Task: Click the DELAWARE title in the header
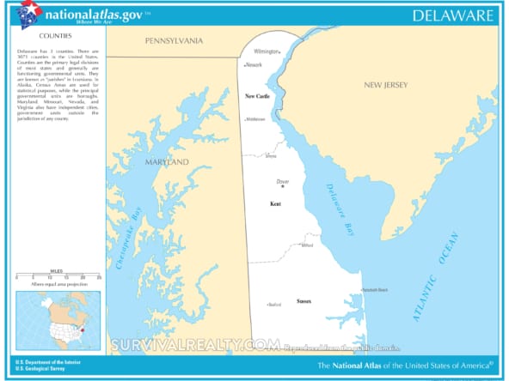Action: tap(452, 15)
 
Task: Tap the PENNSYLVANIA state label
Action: tap(174, 41)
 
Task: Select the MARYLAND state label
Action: tap(165, 162)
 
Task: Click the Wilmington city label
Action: tap(267, 51)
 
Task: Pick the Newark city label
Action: tap(254, 65)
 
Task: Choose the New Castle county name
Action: tap(258, 96)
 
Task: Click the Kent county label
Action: tap(275, 204)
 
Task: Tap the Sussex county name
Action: tap(304, 300)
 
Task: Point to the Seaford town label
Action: tap(275, 305)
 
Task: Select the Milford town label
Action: tap(307, 246)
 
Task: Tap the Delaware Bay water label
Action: tap(340, 210)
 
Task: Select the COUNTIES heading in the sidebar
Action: tap(55, 38)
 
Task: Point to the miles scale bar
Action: tap(57, 276)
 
